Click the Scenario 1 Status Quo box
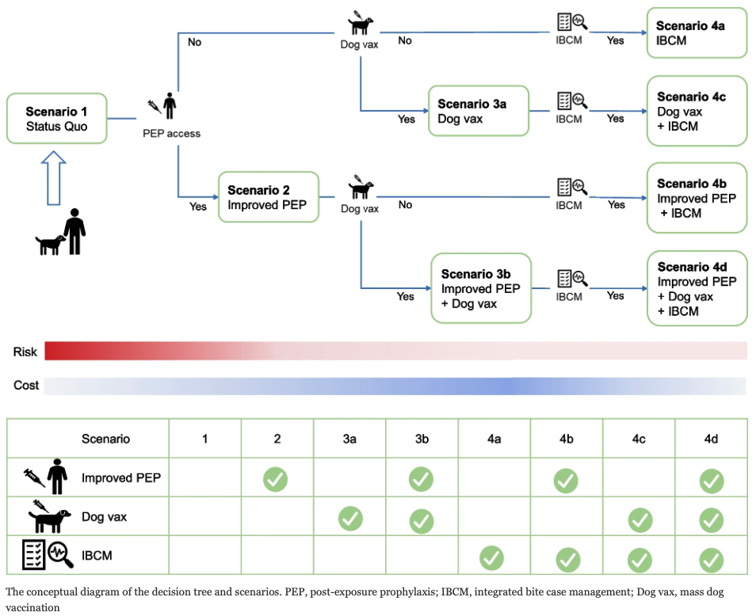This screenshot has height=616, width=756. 56,119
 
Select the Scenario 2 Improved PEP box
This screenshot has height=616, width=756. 269,197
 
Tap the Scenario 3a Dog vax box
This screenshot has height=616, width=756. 479,112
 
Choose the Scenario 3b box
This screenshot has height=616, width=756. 480,288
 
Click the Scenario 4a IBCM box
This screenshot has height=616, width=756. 697,33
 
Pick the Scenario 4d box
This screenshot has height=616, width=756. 697,289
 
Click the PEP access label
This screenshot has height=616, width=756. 171,134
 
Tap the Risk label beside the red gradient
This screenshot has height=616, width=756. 25,352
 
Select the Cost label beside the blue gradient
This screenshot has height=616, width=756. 26,386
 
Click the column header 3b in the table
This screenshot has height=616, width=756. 421,438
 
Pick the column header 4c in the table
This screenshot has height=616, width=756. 639,438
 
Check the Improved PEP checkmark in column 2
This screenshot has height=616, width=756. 276,479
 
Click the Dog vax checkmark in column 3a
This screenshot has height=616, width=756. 349,519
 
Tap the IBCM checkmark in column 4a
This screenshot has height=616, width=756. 492,557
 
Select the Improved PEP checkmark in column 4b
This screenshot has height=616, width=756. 565,479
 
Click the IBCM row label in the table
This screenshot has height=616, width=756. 97,556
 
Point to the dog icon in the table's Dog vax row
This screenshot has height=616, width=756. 49,518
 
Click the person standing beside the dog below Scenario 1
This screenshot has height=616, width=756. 75,231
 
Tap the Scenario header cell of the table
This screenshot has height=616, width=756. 105,438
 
